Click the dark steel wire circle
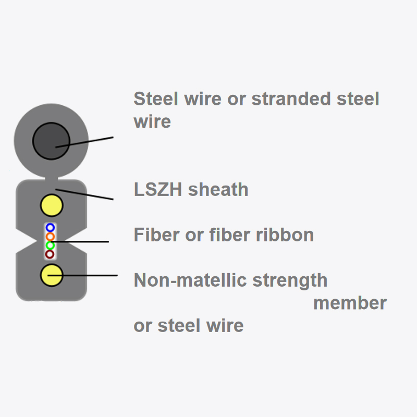tap(51, 141)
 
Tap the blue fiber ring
tap(50, 228)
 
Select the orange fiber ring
tap(50, 237)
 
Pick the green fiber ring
tap(50, 246)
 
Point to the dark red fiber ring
tap(50, 254)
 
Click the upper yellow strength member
tap(52, 206)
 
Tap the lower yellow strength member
tap(52, 275)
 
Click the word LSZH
tap(158, 189)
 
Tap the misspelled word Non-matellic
tap(190, 280)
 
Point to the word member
tap(350, 303)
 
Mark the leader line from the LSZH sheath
tap(86, 194)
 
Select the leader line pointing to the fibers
tap(83, 242)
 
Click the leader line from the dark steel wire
tap(91, 141)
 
